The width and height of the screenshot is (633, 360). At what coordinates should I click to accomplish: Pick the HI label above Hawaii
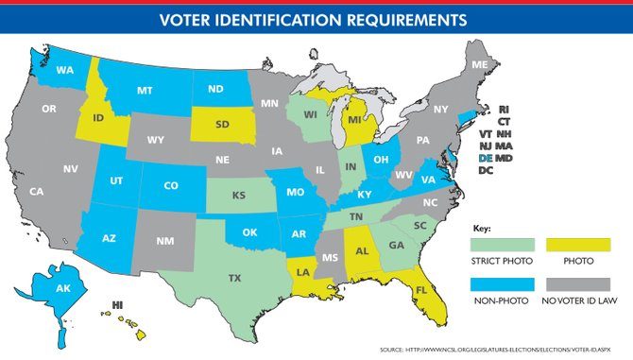point(118,305)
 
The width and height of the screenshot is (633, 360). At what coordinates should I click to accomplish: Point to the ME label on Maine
point(480,64)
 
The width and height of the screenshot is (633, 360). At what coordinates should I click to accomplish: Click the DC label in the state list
point(485,171)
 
